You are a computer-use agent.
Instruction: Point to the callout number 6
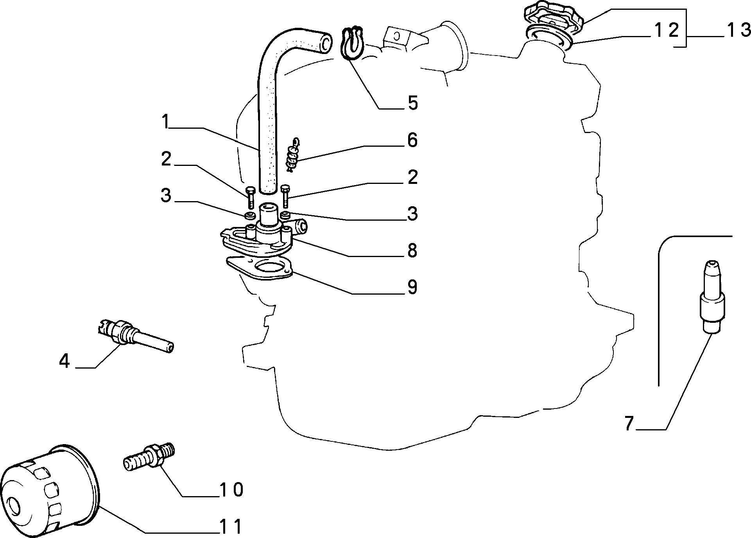(x=412, y=140)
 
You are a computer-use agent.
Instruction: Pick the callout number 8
(x=412, y=250)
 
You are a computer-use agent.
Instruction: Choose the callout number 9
(x=412, y=287)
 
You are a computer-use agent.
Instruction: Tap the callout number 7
(x=629, y=423)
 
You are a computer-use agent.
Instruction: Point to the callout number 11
(x=231, y=527)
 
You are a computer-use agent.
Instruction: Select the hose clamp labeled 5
(x=353, y=44)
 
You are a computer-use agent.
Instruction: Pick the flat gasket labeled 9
(x=260, y=268)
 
